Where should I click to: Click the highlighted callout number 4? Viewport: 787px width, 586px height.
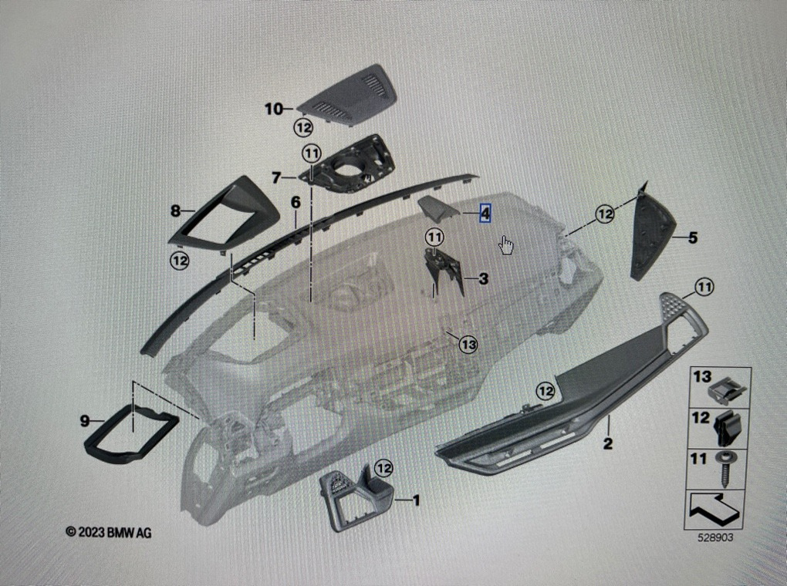tap(485, 212)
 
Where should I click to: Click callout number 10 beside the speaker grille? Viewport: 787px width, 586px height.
tap(274, 109)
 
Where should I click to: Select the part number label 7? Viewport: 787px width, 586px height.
tap(276, 177)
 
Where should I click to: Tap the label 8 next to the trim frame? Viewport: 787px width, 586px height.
tap(176, 210)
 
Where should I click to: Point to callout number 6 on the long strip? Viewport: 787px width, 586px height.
tap(295, 203)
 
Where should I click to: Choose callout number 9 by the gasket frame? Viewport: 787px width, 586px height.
tap(85, 421)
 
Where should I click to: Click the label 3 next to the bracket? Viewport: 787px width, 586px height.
tap(483, 278)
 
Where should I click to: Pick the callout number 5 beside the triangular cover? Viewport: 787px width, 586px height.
tap(692, 238)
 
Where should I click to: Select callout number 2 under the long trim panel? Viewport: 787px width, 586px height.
tap(607, 443)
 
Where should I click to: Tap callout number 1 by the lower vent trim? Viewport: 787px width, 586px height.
tap(416, 501)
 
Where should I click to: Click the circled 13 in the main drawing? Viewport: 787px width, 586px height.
tap(468, 344)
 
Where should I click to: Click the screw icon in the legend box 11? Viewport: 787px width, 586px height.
tap(728, 467)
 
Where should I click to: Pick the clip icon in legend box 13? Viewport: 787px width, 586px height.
tap(728, 390)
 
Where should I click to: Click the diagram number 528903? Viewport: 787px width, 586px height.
tap(717, 537)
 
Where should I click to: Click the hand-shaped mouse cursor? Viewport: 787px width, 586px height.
tap(506, 245)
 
